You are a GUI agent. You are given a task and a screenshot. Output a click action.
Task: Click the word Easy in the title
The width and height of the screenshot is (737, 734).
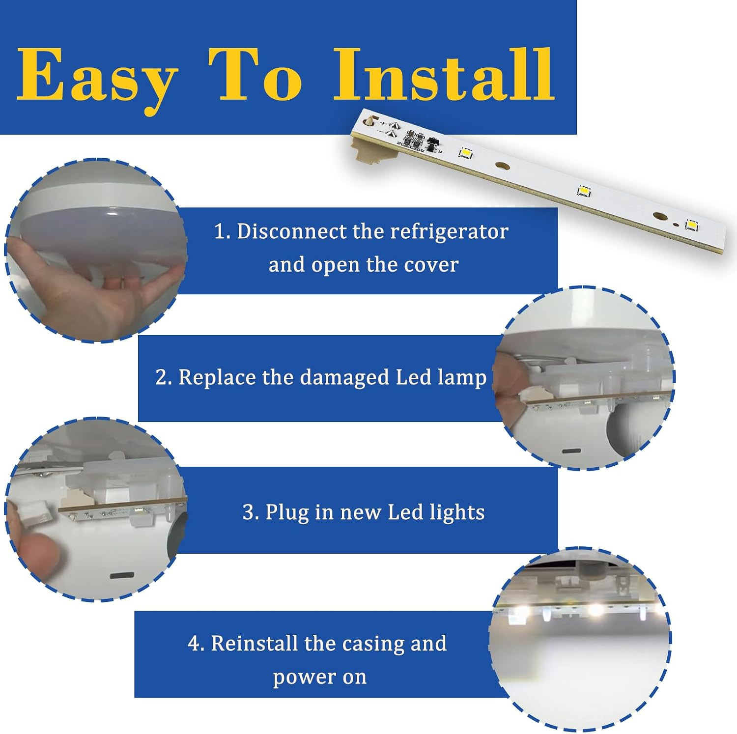click(x=96, y=76)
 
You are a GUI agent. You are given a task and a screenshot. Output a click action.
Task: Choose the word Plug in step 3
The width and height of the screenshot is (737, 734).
click(x=287, y=512)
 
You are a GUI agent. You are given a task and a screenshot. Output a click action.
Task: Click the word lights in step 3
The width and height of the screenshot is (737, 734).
click(x=457, y=512)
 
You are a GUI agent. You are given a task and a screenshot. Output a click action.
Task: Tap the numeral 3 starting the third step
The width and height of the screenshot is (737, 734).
click(x=248, y=512)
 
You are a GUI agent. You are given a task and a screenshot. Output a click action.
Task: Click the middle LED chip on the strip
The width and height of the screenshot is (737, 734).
click(x=584, y=191)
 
